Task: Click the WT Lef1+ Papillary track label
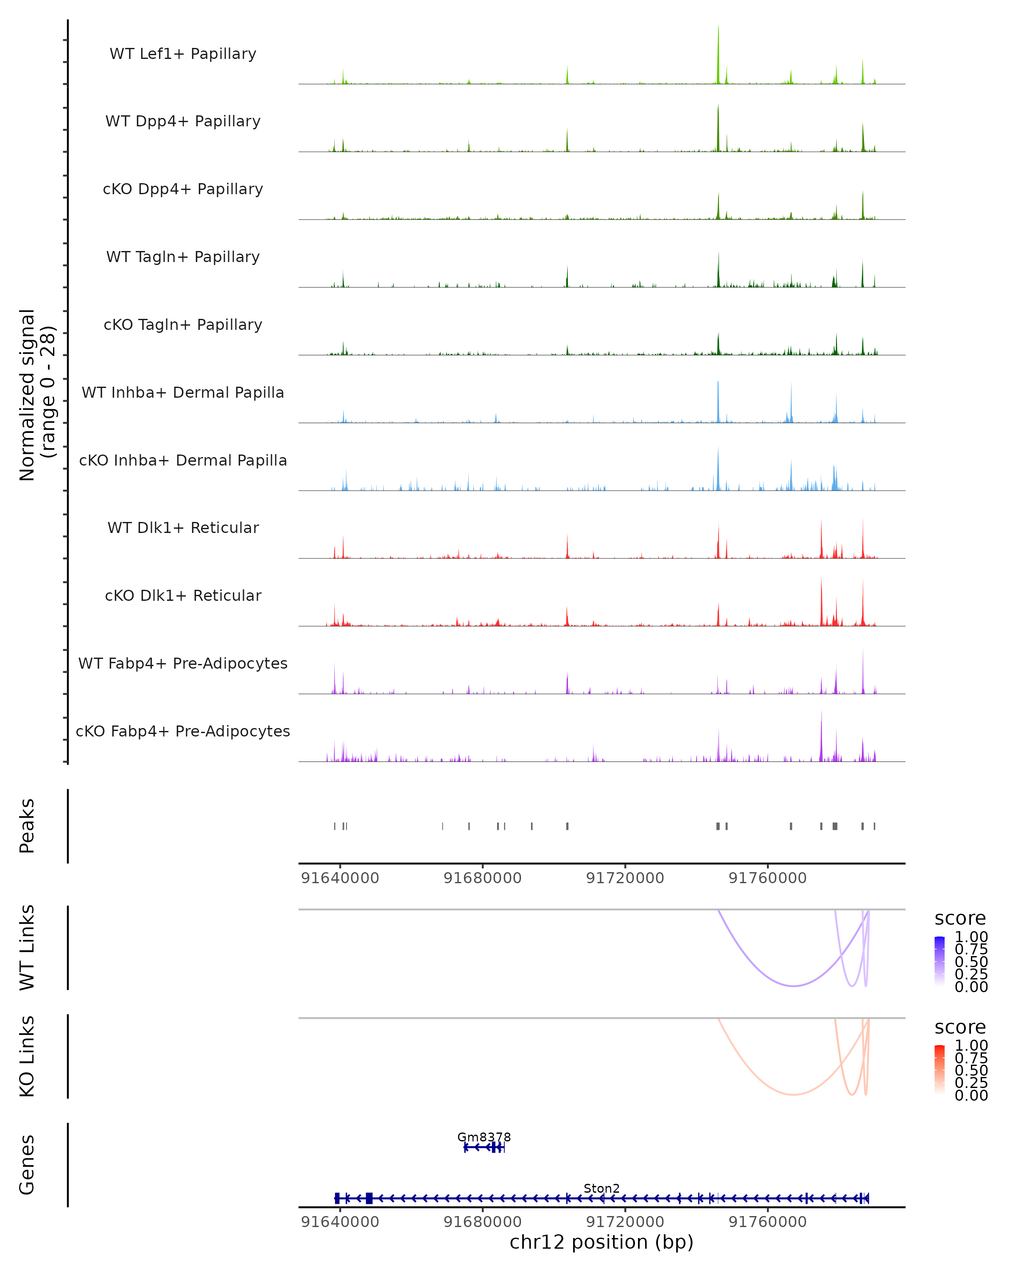pos(183,54)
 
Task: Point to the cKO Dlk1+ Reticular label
pos(183,595)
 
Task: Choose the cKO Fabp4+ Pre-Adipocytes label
pos(183,731)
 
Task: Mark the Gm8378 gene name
pos(484,1137)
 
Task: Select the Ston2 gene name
pos(601,1188)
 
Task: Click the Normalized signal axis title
pos(36,395)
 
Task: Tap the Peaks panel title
pos(27,826)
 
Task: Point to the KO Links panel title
pos(27,1056)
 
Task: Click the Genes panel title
pos(27,1165)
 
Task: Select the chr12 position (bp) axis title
pos(601,1242)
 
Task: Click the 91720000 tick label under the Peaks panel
pos(625,878)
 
